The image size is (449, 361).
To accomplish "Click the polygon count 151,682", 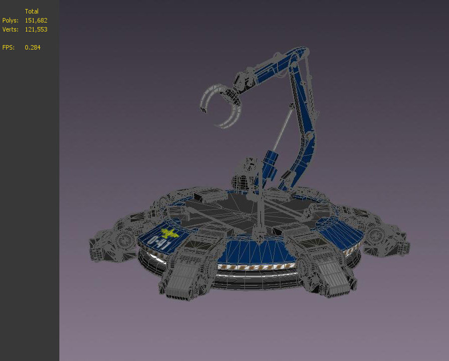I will click(36, 20).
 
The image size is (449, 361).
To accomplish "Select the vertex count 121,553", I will click(36, 29).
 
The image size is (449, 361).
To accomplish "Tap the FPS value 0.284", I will click(32, 47).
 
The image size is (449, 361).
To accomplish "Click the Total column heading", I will click(31, 11).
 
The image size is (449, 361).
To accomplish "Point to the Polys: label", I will click(10, 20).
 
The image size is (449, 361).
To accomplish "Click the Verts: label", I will click(10, 29).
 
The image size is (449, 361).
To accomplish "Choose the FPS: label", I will click(8, 47).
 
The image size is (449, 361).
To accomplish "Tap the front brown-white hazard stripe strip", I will click(254, 267).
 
